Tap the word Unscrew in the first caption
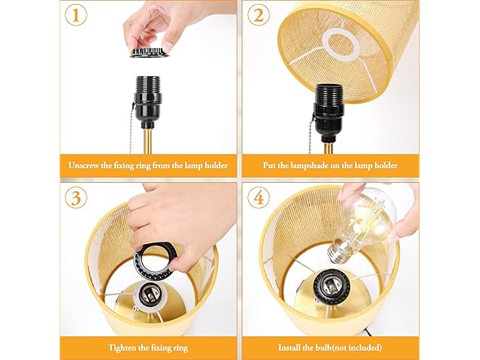click(x=87, y=166)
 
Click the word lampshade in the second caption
click(x=321, y=166)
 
